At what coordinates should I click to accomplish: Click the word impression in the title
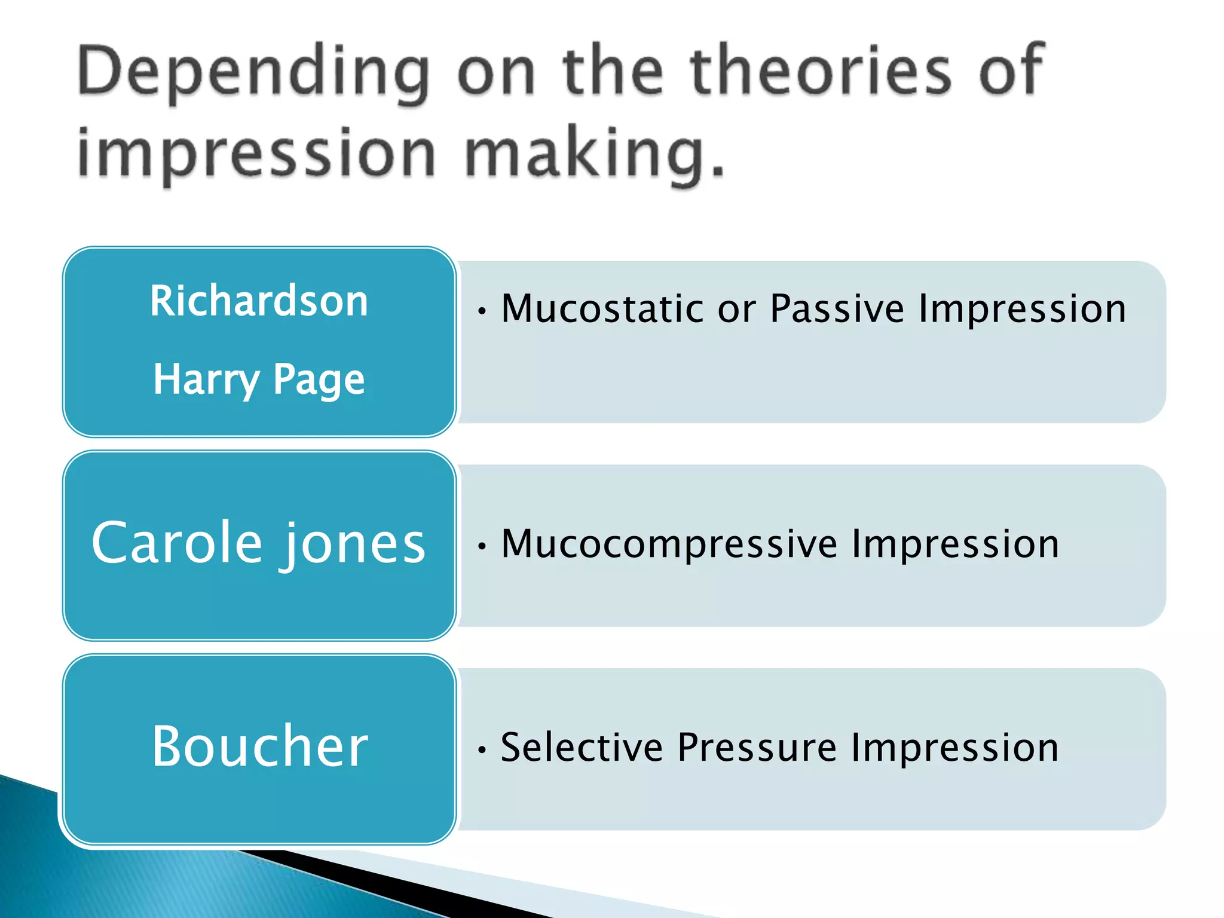pos(257,154)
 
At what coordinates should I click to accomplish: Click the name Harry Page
pos(259,380)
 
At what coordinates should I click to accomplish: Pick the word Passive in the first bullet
pos(837,309)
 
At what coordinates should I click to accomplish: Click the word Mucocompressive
pos(669,544)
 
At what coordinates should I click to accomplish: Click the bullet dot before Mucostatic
pos(482,311)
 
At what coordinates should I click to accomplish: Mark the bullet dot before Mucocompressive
pos(482,546)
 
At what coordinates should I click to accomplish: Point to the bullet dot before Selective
pos(482,749)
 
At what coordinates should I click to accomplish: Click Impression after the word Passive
pos(1022,309)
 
